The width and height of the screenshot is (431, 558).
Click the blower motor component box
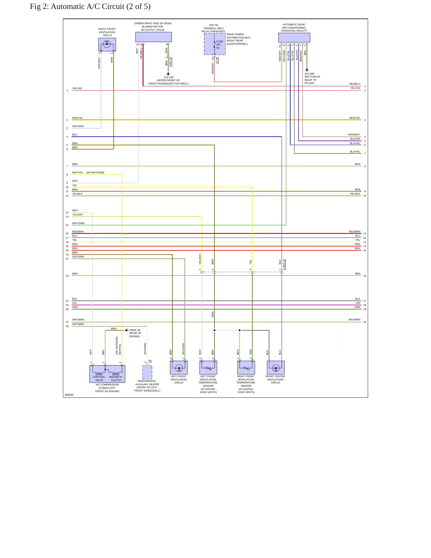tap(154, 37)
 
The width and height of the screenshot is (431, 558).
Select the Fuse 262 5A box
tap(215, 44)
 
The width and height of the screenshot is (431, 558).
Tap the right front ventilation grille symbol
tap(107, 44)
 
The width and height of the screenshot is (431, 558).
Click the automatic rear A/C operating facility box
tap(294, 38)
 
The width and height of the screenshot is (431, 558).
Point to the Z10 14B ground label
tap(169, 77)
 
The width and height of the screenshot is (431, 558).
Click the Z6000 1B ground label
tap(135, 330)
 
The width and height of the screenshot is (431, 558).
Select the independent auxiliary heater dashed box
tap(147, 372)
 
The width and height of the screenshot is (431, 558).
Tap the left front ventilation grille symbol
tap(179, 368)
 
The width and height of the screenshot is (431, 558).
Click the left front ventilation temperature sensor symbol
tap(208, 368)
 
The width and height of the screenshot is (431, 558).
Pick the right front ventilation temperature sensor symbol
tap(246, 368)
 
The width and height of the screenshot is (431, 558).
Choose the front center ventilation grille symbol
tap(276, 368)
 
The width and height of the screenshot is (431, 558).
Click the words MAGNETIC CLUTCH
tap(116, 379)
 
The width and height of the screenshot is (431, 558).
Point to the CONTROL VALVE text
tap(99, 379)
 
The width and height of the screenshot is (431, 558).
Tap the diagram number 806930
tap(69, 395)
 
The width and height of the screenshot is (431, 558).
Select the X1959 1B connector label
tap(284, 265)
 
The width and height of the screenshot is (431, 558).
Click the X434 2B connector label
tap(170, 61)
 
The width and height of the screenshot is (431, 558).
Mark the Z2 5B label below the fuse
tap(217, 60)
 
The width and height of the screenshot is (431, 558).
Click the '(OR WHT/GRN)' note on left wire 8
tap(95, 172)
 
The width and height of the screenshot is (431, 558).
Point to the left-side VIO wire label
tap(74, 303)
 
